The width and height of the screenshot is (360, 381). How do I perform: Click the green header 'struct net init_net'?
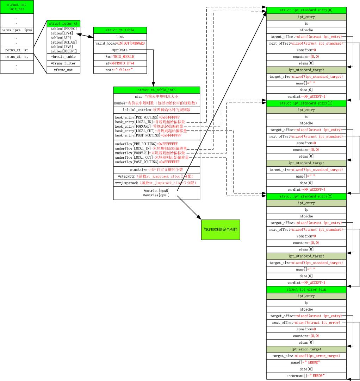pyautogui.click(x=17, y=7)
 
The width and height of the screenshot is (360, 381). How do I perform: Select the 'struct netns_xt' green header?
pyautogui.click(x=64, y=23)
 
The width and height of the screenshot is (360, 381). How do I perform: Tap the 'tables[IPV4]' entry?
pyautogui.click(x=62, y=33)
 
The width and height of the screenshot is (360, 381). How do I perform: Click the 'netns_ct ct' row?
pyautogui.click(x=17, y=57)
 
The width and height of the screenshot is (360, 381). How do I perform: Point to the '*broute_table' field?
pyautogui.click(x=63, y=57)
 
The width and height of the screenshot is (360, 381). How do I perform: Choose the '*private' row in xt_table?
pyautogui.click(x=120, y=50)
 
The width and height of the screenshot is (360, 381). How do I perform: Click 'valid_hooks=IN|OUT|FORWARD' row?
pyautogui.click(x=120, y=43)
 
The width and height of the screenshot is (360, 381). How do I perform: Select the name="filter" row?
pyautogui.click(x=120, y=70)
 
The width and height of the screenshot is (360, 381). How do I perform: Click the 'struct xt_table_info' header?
pyautogui.click(x=156, y=90)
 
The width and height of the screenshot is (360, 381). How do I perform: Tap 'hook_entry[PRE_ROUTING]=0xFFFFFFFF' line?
pyautogui.click(x=148, y=117)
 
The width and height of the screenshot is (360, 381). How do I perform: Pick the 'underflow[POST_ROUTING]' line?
pyautogui.click(x=147, y=162)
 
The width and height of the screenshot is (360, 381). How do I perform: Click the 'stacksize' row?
pyautogui.click(x=156, y=170)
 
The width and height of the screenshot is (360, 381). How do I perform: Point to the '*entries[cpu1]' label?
pyautogui.click(x=156, y=195)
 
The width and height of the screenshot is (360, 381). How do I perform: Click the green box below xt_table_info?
pyautogui.click(x=221, y=229)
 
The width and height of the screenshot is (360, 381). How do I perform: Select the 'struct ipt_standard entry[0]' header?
pyautogui.click(x=306, y=10)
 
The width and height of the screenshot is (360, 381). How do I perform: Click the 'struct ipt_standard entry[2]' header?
pyautogui.click(x=306, y=196)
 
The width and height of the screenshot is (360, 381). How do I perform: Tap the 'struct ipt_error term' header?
pyautogui.click(x=306, y=290)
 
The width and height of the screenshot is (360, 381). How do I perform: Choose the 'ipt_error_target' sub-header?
pyautogui.click(x=306, y=349)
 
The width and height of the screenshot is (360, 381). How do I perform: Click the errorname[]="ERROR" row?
pyautogui.click(x=306, y=376)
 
